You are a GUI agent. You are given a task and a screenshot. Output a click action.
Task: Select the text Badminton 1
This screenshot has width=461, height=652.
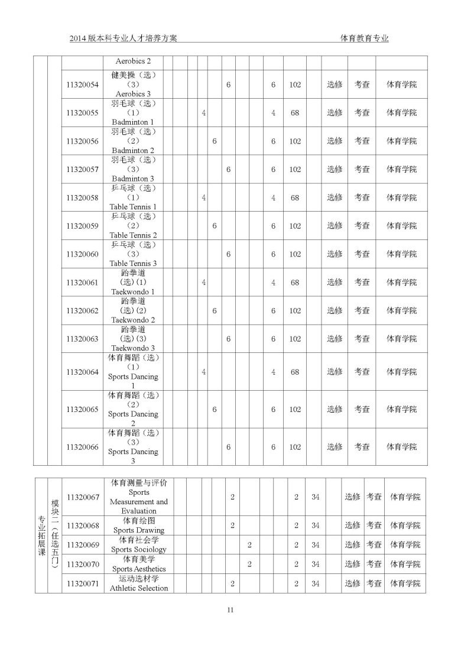[x=133, y=122]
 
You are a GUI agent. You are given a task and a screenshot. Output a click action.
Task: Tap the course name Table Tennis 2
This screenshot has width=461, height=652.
[x=133, y=235]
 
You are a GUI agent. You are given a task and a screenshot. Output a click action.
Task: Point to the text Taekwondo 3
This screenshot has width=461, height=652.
[x=133, y=348]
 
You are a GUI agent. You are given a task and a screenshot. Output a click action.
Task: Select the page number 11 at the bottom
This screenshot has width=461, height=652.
[x=230, y=610]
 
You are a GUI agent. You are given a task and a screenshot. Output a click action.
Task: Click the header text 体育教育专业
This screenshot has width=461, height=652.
[x=365, y=38]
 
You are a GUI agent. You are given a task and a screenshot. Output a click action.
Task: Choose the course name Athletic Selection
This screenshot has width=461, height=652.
[x=139, y=588]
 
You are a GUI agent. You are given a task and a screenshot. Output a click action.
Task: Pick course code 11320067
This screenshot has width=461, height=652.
[x=83, y=497]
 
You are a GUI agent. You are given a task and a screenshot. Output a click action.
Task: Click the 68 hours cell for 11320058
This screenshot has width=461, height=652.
[x=295, y=198]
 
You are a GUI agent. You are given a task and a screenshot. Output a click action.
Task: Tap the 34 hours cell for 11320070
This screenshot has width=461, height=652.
[x=316, y=564]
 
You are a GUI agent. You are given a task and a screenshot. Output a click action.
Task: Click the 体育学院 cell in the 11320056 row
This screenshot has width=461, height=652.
[x=401, y=141]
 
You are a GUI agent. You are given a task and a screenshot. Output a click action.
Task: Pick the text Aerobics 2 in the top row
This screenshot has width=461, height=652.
[x=133, y=61]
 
